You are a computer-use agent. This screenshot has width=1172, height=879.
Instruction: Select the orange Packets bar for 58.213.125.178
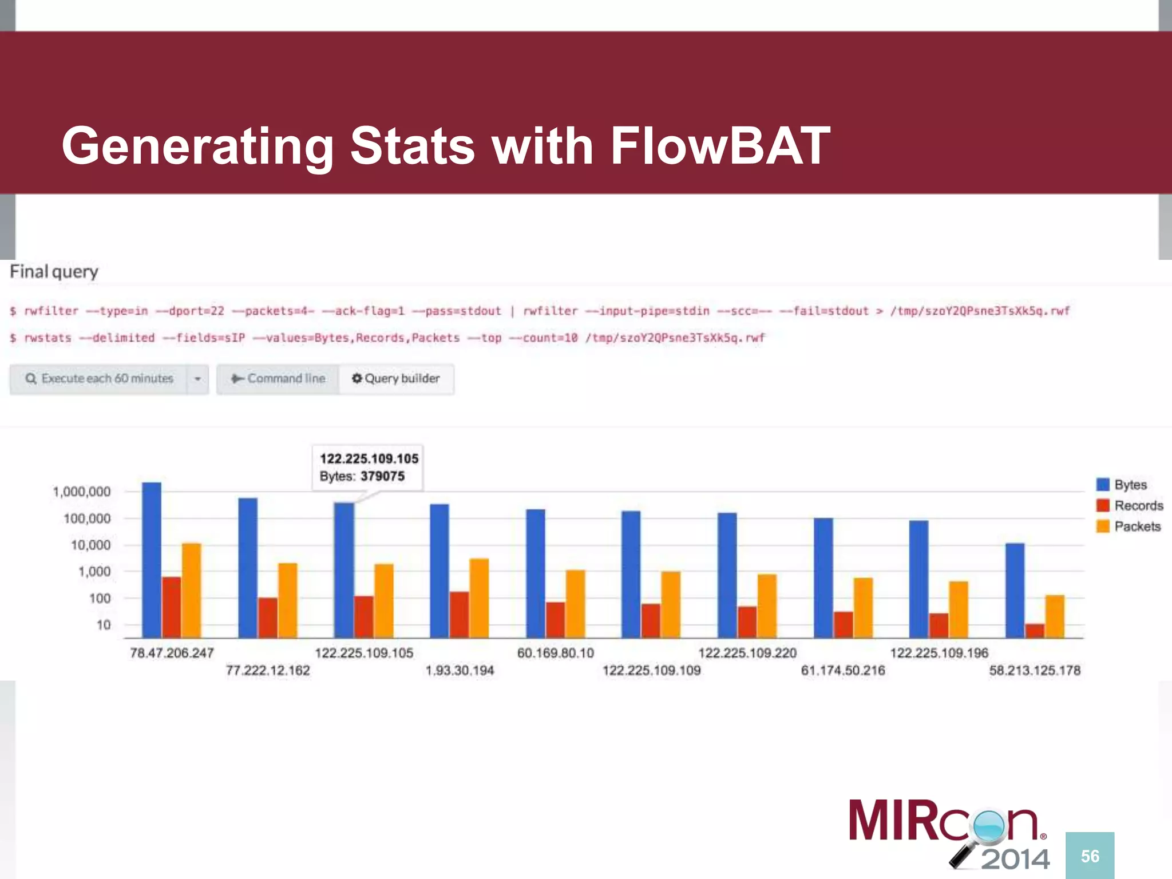[1055, 616]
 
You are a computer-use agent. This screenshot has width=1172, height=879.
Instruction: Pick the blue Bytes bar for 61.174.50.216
[823, 577]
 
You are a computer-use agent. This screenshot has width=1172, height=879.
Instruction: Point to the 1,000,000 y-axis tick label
[82, 492]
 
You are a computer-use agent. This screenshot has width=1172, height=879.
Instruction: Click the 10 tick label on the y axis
[104, 625]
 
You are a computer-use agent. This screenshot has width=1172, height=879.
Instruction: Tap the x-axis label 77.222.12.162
[268, 670]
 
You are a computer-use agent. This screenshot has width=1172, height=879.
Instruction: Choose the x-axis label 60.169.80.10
[555, 653]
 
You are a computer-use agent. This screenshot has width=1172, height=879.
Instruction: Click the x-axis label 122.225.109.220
[747, 653]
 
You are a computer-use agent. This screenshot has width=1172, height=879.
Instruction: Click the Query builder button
[396, 379]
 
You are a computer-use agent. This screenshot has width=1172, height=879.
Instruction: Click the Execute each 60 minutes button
[99, 379]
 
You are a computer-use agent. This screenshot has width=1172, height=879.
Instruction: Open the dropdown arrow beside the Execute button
[197, 379]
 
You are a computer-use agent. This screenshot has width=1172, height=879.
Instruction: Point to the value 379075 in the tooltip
[382, 476]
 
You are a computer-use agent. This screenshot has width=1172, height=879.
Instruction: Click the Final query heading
[54, 271]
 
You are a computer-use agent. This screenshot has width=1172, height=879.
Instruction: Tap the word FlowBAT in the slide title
[720, 146]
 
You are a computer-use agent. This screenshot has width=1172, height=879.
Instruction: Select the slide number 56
[1090, 856]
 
